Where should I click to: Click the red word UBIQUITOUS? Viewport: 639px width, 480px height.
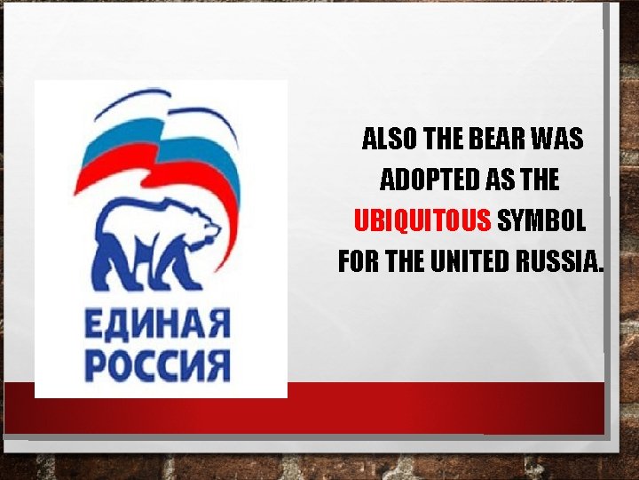422,220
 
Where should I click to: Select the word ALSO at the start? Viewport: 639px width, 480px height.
391,139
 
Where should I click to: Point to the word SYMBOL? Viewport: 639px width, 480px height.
540,220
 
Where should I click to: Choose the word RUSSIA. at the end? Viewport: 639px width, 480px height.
558,262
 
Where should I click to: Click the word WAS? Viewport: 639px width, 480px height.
556,139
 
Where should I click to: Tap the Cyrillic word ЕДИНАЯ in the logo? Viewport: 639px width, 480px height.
158,323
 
